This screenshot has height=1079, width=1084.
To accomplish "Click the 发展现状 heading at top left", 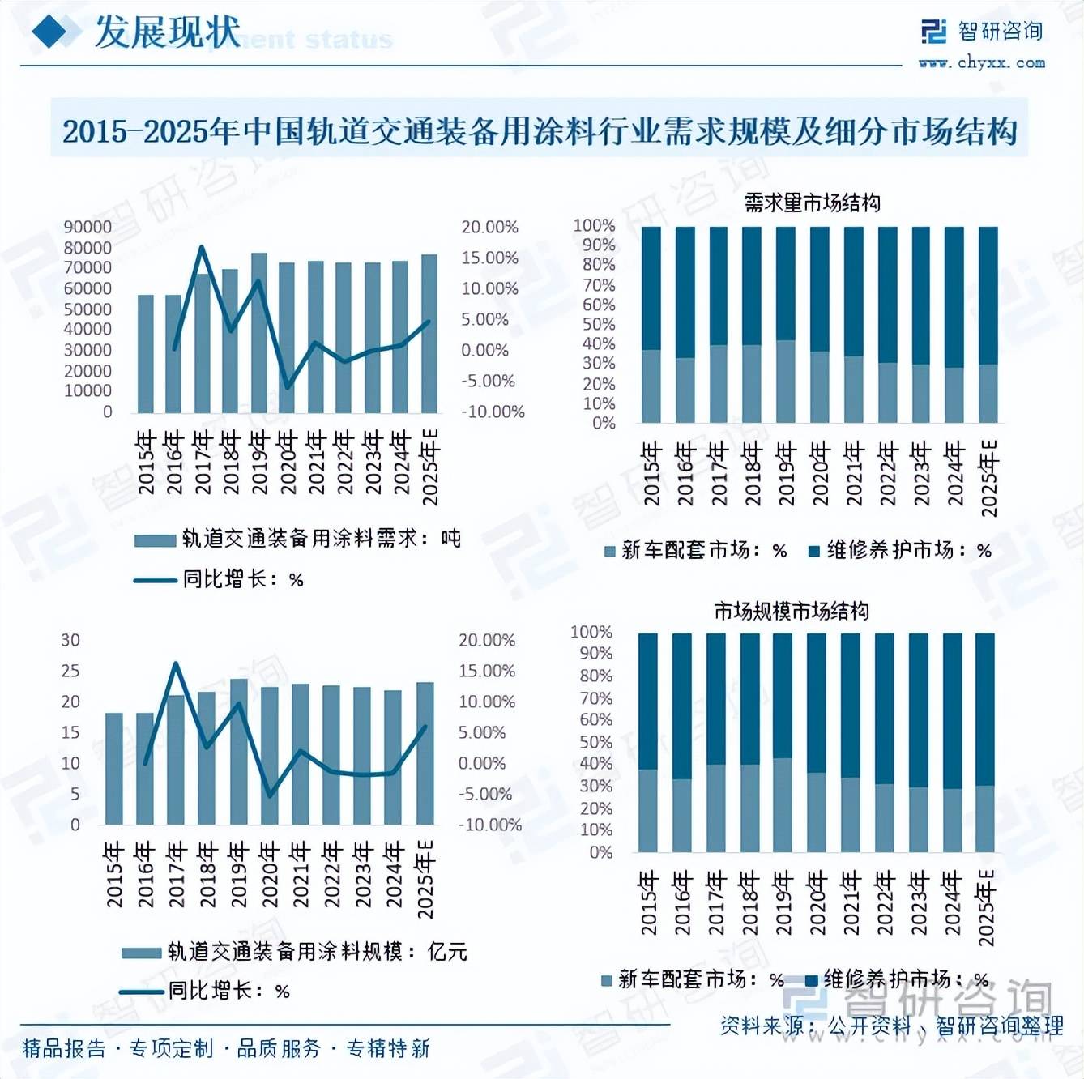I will click(x=167, y=32).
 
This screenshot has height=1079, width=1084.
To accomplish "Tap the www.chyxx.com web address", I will click(x=981, y=62).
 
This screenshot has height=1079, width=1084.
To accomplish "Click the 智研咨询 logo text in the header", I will click(x=1001, y=32).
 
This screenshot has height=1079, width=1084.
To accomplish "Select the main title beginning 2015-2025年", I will click(x=540, y=130).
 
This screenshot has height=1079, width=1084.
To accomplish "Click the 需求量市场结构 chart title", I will click(x=812, y=202).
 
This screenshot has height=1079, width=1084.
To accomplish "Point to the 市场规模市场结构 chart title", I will click(x=791, y=610).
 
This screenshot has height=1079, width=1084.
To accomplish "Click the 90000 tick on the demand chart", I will click(x=87, y=228).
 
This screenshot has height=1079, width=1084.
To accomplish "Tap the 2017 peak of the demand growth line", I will click(x=202, y=247).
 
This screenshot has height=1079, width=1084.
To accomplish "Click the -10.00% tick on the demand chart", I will click(x=493, y=412).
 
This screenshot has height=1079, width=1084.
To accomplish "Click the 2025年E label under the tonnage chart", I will click(x=430, y=467).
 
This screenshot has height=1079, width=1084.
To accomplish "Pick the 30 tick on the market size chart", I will click(x=70, y=640).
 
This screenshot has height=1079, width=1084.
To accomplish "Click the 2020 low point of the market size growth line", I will click(x=270, y=795).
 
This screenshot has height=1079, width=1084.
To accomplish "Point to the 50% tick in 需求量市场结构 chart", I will click(x=599, y=324).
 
